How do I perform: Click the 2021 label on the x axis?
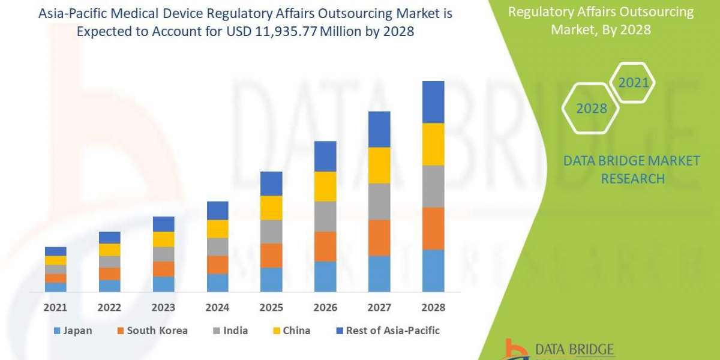(x=55, y=307)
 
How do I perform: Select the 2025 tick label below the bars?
(x=271, y=307)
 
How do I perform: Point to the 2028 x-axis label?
(x=433, y=307)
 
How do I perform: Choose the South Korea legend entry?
(x=154, y=331)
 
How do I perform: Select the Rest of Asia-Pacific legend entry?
(x=384, y=331)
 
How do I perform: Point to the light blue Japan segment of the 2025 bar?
(x=271, y=280)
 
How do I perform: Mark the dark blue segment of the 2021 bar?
(x=55, y=251)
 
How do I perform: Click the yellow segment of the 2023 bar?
(x=163, y=239)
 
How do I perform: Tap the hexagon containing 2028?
(x=591, y=109)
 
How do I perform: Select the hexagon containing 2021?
(x=634, y=83)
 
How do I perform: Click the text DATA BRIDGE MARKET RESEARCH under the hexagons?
(x=632, y=169)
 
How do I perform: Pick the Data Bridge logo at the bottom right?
(x=558, y=349)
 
